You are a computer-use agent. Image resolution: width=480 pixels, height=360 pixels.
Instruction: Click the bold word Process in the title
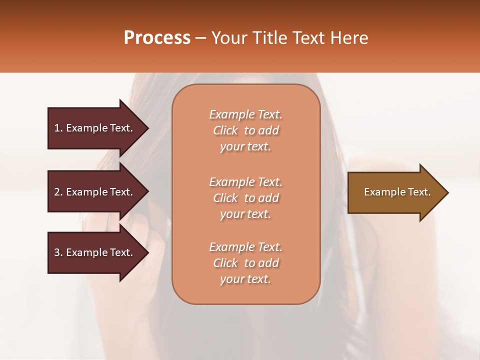pos(157,38)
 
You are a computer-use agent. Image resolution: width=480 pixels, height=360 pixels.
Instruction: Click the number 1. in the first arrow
pos(58,128)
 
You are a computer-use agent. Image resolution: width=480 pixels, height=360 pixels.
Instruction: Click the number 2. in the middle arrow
pos(58,192)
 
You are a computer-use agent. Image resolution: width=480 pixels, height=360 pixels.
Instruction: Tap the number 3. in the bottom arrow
pos(58,252)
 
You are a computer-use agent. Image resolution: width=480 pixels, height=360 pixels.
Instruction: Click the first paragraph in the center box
pos(245,130)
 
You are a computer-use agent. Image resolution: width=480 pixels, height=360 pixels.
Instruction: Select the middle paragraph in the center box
pos(245,198)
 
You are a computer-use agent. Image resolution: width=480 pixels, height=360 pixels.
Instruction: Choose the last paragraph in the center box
pos(245,263)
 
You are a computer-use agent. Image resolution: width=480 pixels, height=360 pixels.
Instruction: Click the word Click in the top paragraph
pos(225,130)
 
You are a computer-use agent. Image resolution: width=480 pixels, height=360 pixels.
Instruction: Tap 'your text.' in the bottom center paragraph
pos(245,279)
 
